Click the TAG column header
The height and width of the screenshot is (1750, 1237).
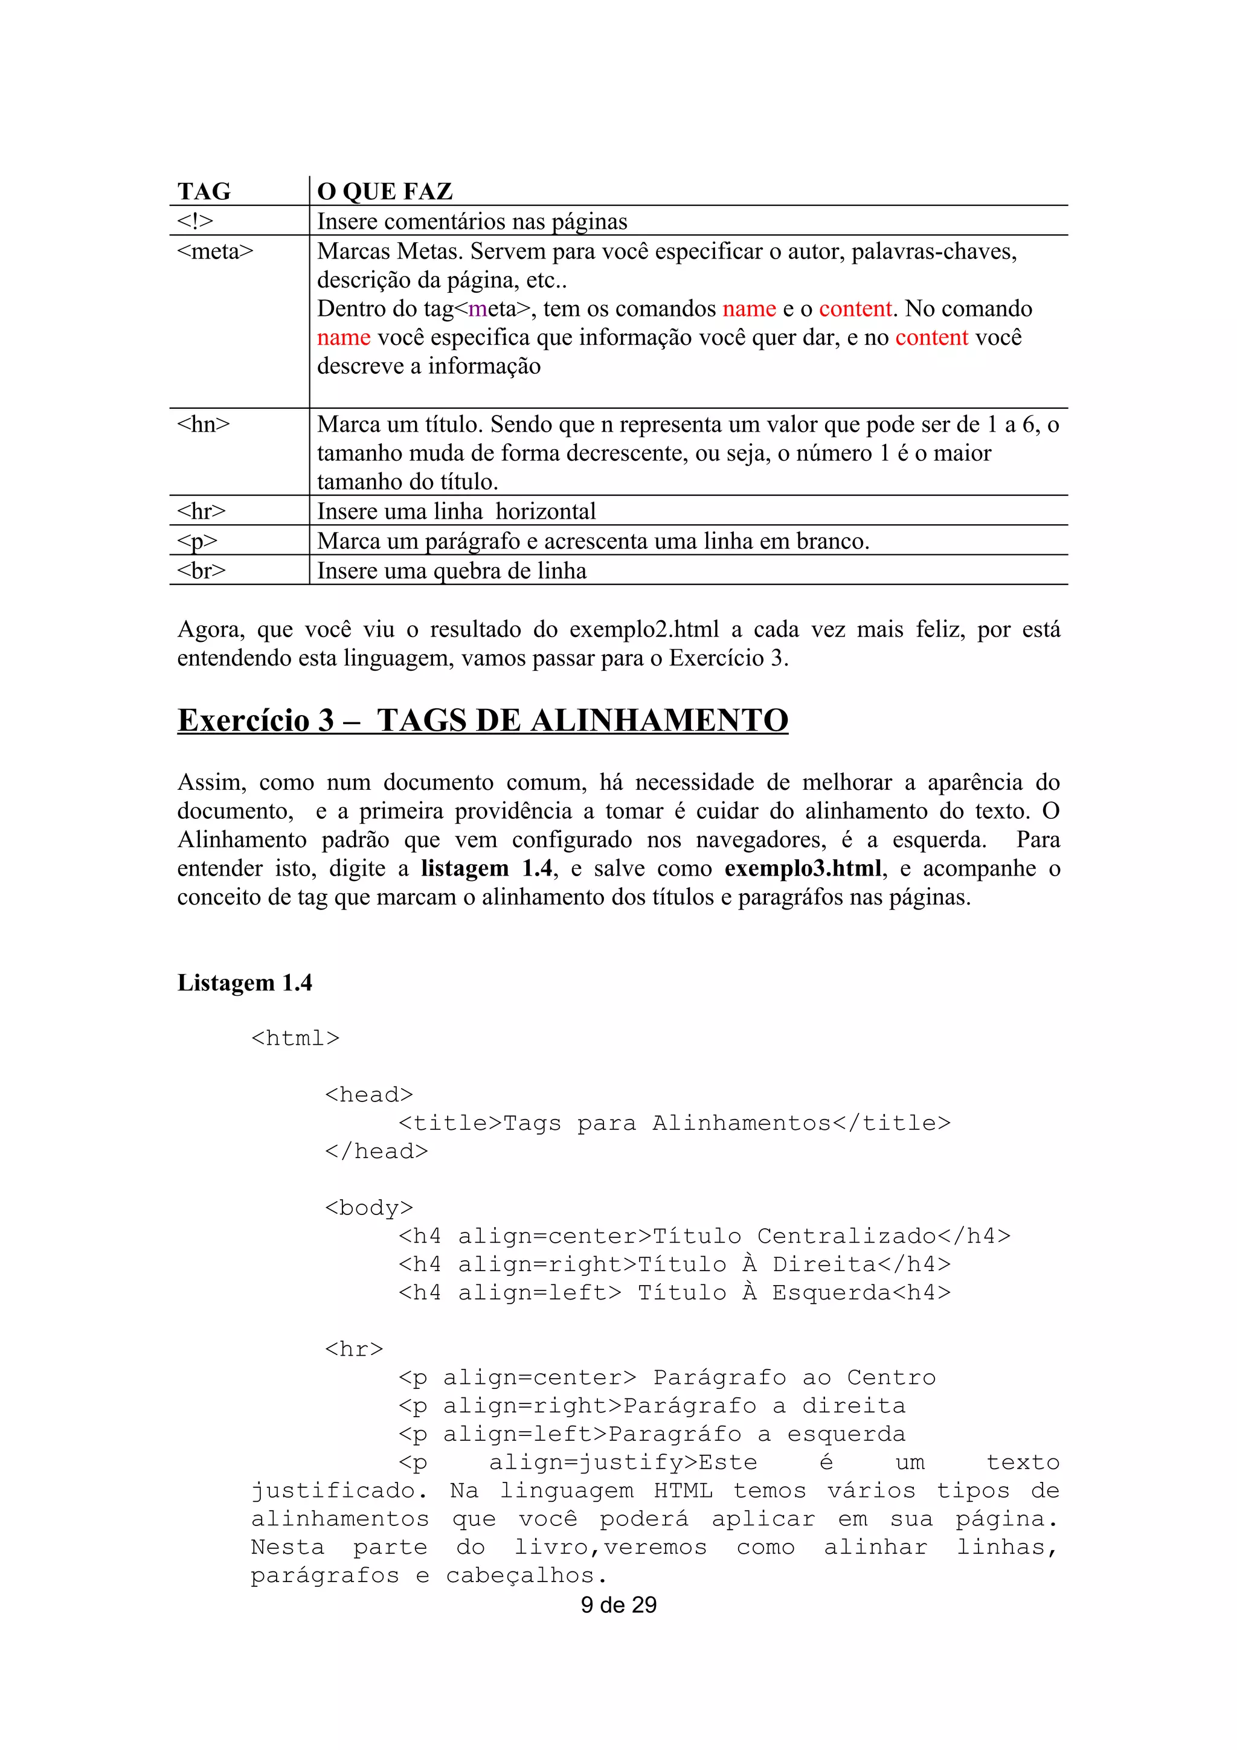[204, 191]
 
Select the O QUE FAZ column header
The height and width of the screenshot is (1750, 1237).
[385, 191]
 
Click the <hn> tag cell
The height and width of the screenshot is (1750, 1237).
[204, 425]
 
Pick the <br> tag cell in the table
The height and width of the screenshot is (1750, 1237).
[201, 571]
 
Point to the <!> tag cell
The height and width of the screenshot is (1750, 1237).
[195, 222]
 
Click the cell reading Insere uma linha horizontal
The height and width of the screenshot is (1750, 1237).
[457, 511]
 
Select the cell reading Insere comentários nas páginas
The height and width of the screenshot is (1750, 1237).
[472, 222]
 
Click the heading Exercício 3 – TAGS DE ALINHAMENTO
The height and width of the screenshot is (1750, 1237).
[483, 720]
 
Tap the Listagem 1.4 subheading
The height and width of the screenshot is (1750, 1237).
[245, 982]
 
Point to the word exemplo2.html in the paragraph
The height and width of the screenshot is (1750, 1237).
[644, 630]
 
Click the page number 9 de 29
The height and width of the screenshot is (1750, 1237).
[618, 1604]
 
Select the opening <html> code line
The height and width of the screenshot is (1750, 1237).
[296, 1038]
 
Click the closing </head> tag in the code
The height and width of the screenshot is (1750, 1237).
[376, 1151]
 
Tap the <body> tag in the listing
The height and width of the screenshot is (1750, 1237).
[369, 1207]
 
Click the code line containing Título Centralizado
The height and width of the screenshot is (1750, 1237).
[704, 1236]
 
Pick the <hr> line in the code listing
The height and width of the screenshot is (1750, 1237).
[355, 1349]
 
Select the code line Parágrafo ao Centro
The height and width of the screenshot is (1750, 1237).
[667, 1377]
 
